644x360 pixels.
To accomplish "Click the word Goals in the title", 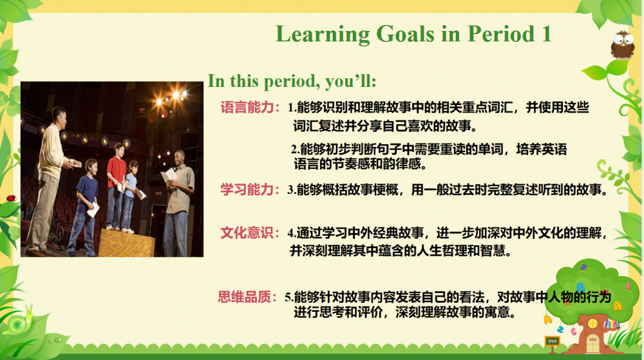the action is click(x=405, y=33).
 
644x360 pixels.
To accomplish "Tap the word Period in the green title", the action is click(x=501, y=33).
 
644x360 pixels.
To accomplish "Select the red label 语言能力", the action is click(x=247, y=107).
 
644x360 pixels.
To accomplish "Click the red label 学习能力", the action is click(x=247, y=189).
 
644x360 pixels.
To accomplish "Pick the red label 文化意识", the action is click(x=247, y=232).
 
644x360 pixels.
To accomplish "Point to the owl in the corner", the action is click(x=623, y=45).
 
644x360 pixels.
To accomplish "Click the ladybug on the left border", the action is click(x=11, y=198).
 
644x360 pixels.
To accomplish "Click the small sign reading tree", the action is click(x=553, y=341).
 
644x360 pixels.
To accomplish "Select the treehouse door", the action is click(x=593, y=343).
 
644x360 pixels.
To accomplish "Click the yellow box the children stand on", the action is click(x=126, y=243).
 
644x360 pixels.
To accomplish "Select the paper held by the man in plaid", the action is click(x=169, y=175).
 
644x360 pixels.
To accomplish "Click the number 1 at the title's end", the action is click(x=547, y=34).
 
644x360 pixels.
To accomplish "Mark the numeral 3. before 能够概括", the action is click(x=292, y=189).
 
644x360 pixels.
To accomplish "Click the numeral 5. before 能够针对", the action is click(x=289, y=297).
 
